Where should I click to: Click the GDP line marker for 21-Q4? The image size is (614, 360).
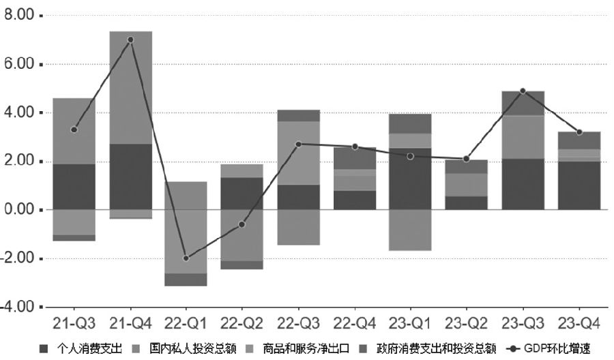click(x=130, y=40)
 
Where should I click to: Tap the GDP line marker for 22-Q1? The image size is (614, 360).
click(x=186, y=258)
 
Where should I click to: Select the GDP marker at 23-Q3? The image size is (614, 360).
click(x=523, y=91)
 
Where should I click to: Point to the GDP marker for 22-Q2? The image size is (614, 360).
click(x=242, y=224)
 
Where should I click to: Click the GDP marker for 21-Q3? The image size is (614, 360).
click(x=74, y=130)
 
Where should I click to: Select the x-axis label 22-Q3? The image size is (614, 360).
click(x=298, y=321)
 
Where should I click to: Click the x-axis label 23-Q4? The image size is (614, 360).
click(x=579, y=321)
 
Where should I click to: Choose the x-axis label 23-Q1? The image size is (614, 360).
click(x=410, y=321)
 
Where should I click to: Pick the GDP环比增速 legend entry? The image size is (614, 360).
click(x=553, y=350)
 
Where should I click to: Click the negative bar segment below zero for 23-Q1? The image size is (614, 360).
click(x=411, y=230)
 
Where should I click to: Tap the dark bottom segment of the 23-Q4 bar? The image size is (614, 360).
click(x=579, y=185)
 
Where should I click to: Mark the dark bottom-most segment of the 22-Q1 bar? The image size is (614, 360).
click(x=186, y=280)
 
